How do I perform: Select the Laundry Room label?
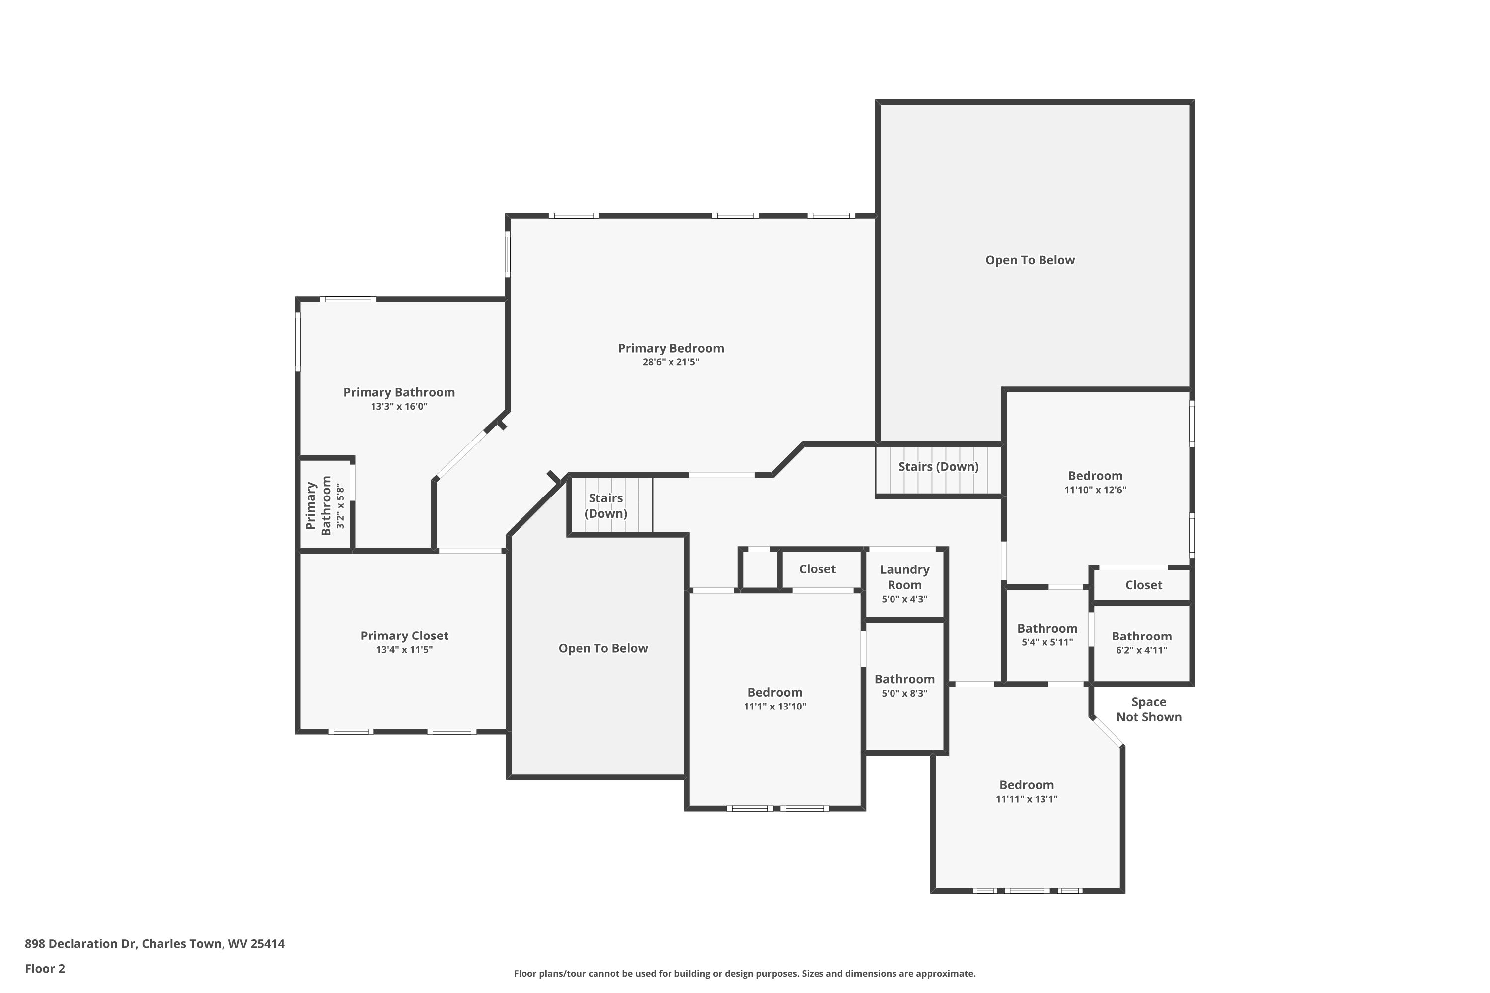click(904, 577)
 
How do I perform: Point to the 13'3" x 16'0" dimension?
click(399, 407)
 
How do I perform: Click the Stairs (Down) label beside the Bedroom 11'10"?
click(938, 467)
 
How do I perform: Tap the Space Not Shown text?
click(1148, 709)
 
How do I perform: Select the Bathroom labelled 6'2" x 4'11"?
click(1141, 637)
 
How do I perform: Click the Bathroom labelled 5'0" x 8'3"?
click(904, 679)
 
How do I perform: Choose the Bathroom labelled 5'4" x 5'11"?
click(1047, 628)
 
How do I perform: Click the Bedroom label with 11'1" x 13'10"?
click(774, 692)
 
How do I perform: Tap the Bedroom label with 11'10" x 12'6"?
click(1095, 476)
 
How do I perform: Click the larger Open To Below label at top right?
click(1030, 260)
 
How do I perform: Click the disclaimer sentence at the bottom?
click(745, 973)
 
